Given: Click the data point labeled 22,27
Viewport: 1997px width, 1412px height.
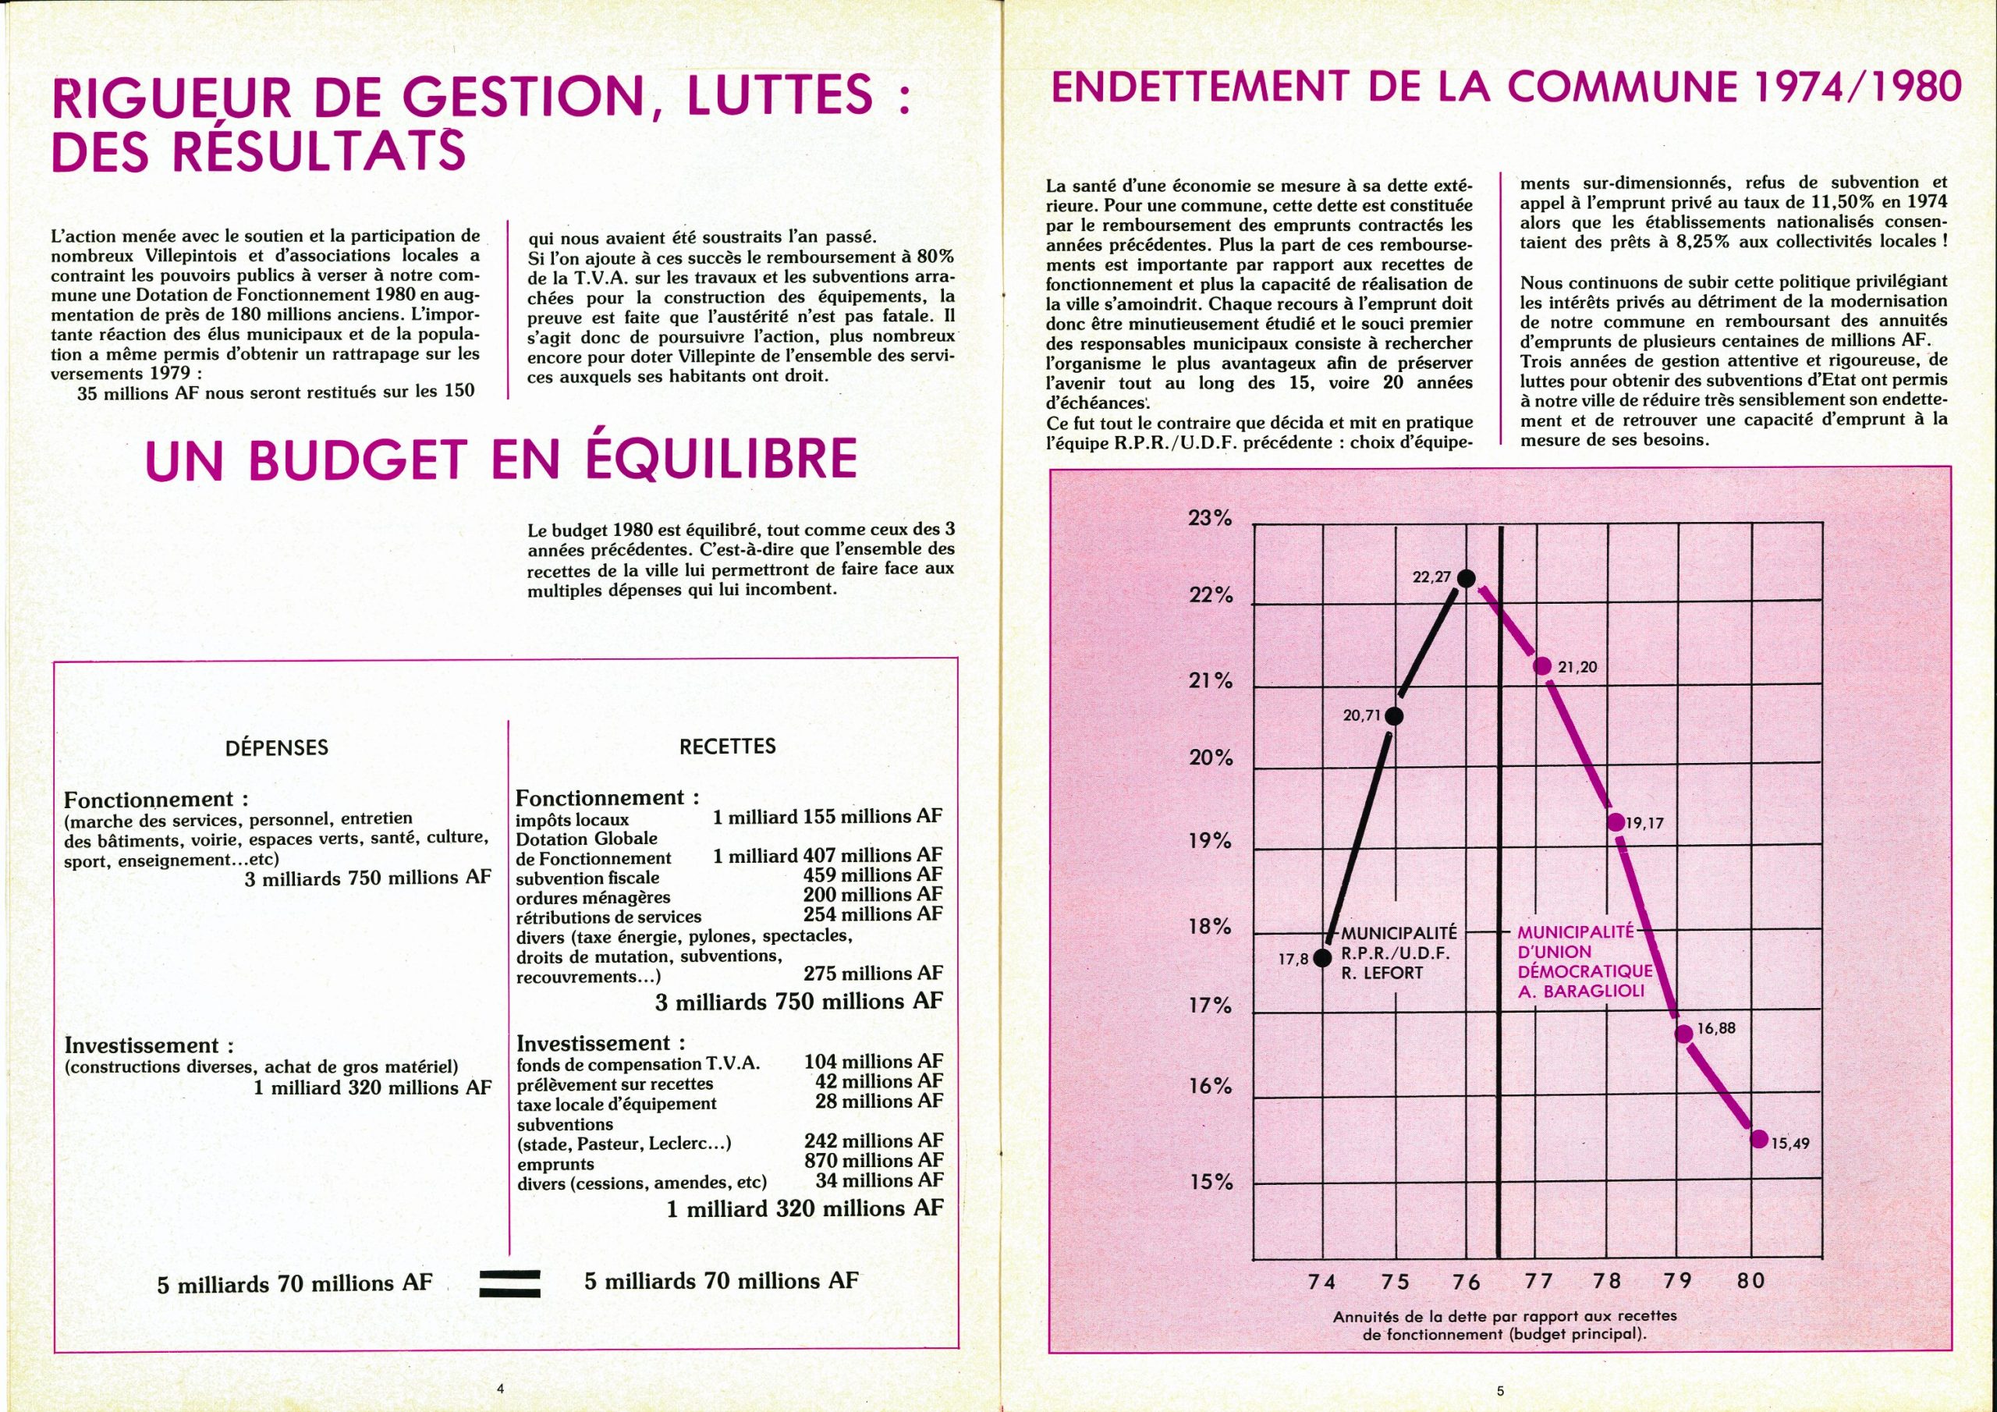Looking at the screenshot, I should [1466, 578].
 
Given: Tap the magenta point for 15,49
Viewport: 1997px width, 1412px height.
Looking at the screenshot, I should [1758, 1139].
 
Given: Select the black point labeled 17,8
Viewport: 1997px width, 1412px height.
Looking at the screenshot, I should [1322, 958].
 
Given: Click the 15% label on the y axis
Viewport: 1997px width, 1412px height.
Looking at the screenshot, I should [1210, 1183].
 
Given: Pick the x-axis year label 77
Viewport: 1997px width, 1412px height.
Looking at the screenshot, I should [1538, 1281].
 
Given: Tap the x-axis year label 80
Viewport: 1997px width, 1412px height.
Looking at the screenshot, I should [1750, 1281].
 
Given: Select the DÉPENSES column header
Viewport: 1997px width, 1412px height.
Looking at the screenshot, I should [277, 747].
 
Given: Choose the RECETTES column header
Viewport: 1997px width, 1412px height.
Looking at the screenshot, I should [727, 746].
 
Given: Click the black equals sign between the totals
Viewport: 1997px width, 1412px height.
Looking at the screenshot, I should [506, 1284].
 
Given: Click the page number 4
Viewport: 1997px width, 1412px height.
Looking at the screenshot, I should [500, 1389].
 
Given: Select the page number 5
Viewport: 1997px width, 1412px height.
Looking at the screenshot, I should [1500, 1391].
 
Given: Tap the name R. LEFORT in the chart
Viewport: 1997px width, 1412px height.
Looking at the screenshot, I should [1382, 974].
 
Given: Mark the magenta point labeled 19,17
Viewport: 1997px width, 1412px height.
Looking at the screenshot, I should [1616, 821].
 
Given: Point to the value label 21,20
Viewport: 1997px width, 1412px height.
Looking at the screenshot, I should [1578, 667].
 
